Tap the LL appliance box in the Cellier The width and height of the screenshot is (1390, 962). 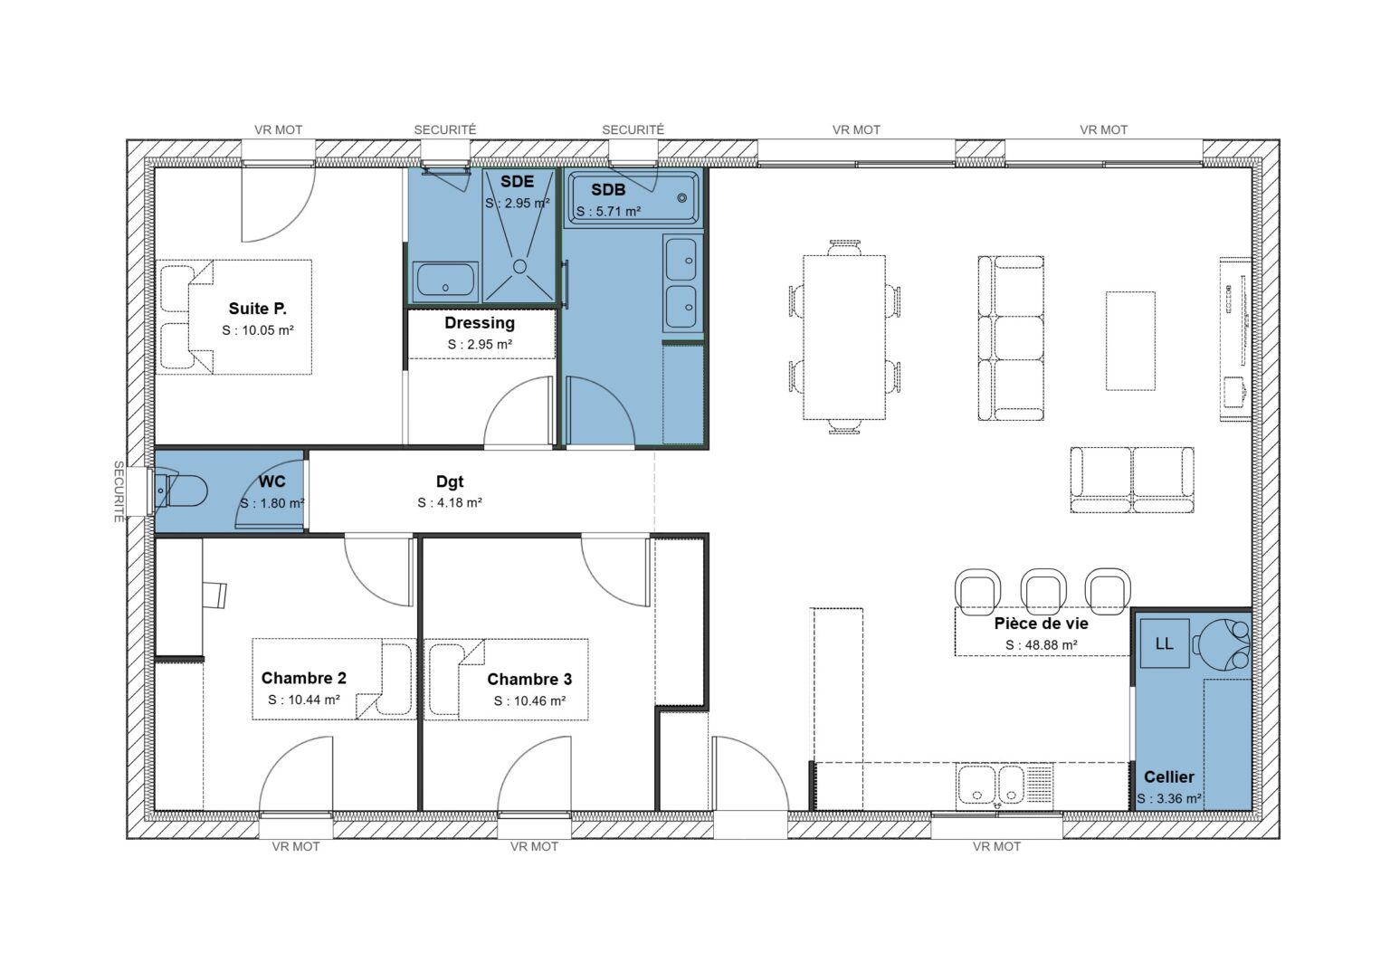[x=1164, y=643]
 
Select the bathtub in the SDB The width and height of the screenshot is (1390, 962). [x=633, y=198]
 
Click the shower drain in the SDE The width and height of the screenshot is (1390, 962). [x=519, y=266]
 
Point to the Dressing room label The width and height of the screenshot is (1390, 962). [x=480, y=323]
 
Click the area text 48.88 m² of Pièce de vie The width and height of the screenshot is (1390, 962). [x=1041, y=645]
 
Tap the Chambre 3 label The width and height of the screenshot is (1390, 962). [x=529, y=680]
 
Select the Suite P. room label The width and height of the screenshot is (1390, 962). [x=258, y=310]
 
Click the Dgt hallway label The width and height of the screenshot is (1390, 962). [x=450, y=482]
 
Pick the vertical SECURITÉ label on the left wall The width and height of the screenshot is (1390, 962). [x=119, y=491]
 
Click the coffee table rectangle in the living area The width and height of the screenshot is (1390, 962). [x=1130, y=340]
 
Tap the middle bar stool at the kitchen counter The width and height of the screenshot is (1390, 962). [x=1042, y=588]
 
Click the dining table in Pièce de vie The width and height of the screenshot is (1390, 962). [x=844, y=337]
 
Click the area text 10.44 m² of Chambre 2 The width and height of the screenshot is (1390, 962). [x=304, y=700]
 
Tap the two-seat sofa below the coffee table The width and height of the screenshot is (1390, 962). [x=1132, y=479]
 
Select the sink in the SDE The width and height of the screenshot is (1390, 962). [x=445, y=281]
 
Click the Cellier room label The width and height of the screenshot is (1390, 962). [x=1168, y=777]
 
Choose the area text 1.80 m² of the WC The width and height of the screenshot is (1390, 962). [x=271, y=503]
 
